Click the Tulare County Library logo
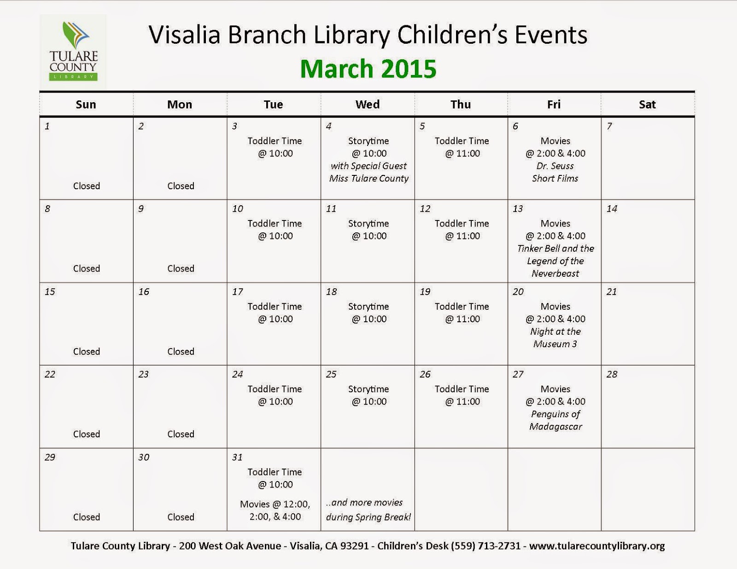pos(73,52)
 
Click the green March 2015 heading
pos(368,69)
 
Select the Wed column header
pos(368,105)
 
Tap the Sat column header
pos(647,105)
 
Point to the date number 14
pos(612,209)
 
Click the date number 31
pos(237,458)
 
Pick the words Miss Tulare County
pos(369,179)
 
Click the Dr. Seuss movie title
pos(555,166)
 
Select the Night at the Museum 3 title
pos(555,337)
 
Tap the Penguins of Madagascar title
pos(556,420)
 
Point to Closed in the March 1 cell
pos(87,186)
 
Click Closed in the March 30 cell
pos(181,517)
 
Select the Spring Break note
pos(368,510)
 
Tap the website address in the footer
pos(597,546)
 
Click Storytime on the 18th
pos(368,307)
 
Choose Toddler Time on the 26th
pos(462,389)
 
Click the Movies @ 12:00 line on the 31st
pos(275,505)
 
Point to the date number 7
pos(609,126)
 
